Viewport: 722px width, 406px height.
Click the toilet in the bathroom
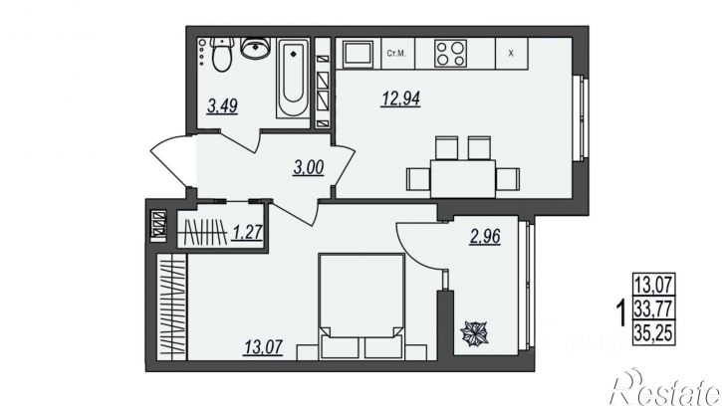(222, 55)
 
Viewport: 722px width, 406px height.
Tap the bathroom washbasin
(254, 48)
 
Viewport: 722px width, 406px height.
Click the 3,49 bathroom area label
(222, 106)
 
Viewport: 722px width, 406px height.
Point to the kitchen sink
(359, 54)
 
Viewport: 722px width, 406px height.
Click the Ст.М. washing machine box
(398, 54)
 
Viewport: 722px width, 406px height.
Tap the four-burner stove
(450, 54)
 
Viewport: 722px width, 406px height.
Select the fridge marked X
(511, 54)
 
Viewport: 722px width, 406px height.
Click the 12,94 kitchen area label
(400, 99)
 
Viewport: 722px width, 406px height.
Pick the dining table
(463, 178)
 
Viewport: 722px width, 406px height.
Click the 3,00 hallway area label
(309, 168)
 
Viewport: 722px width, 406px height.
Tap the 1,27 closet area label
(247, 233)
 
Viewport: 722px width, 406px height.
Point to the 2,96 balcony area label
(485, 237)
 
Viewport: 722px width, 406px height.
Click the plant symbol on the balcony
(475, 333)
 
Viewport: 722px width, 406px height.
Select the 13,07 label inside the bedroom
(263, 347)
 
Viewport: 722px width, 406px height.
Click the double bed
(361, 306)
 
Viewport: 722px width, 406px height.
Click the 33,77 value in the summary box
(654, 307)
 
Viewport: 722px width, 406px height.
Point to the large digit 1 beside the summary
(621, 312)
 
